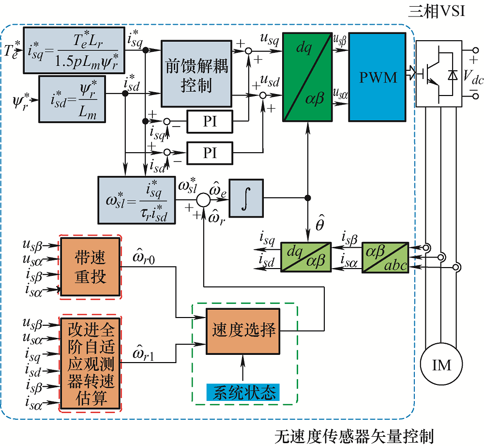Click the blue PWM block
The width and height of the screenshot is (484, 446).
click(378, 77)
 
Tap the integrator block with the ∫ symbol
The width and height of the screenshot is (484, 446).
click(247, 198)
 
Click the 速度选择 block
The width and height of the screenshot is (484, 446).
click(243, 331)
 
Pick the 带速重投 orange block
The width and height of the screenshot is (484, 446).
click(90, 266)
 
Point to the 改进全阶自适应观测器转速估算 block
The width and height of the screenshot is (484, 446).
click(90, 363)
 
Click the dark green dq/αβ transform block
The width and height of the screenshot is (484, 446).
click(307, 77)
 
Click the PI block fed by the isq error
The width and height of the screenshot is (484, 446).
click(210, 122)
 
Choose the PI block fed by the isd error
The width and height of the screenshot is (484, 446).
click(210, 153)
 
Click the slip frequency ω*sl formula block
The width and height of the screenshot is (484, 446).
click(136, 200)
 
